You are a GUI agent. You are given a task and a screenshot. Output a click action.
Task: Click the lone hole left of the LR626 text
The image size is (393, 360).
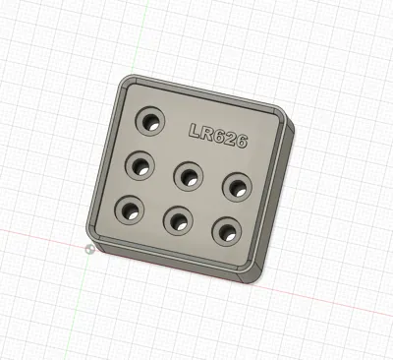pos(150,121)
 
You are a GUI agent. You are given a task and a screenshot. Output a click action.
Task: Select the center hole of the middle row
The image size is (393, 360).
pos(189,176)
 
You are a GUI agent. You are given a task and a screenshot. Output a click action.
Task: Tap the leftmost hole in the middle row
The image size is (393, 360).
pos(140,165)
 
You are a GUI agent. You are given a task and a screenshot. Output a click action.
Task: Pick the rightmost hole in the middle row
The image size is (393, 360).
pos(238,187)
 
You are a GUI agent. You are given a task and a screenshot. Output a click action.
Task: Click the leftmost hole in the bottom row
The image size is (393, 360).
pos(130,210)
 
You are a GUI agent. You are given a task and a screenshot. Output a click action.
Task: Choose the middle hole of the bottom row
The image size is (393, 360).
pos(178,220)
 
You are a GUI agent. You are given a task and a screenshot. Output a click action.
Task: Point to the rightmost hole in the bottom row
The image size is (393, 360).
pos(227,231)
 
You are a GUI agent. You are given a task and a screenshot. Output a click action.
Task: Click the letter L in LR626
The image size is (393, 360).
pos(196,131)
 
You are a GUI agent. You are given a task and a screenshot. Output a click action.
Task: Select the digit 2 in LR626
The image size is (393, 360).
pos(230,139)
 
